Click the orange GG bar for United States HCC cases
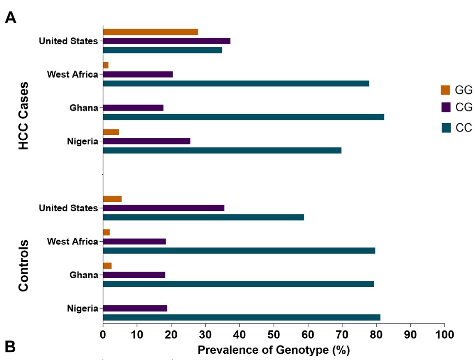[x=150, y=32]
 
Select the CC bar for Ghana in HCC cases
[x=243, y=117]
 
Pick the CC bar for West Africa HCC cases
[x=236, y=83]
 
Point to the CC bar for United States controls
[x=203, y=217]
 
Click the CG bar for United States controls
[x=164, y=208]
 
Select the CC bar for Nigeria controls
[x=242, y=317]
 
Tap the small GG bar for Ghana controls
[x=107, y=266]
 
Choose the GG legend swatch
[x=445, y=90]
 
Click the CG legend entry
[x=457, y=108]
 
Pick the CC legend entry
[x=457, y=128]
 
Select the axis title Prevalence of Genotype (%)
[x=274, y=350]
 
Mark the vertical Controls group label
[x=24, y=265]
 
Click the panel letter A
[x=11, y=18]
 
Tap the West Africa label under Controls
[x=72, y=242]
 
